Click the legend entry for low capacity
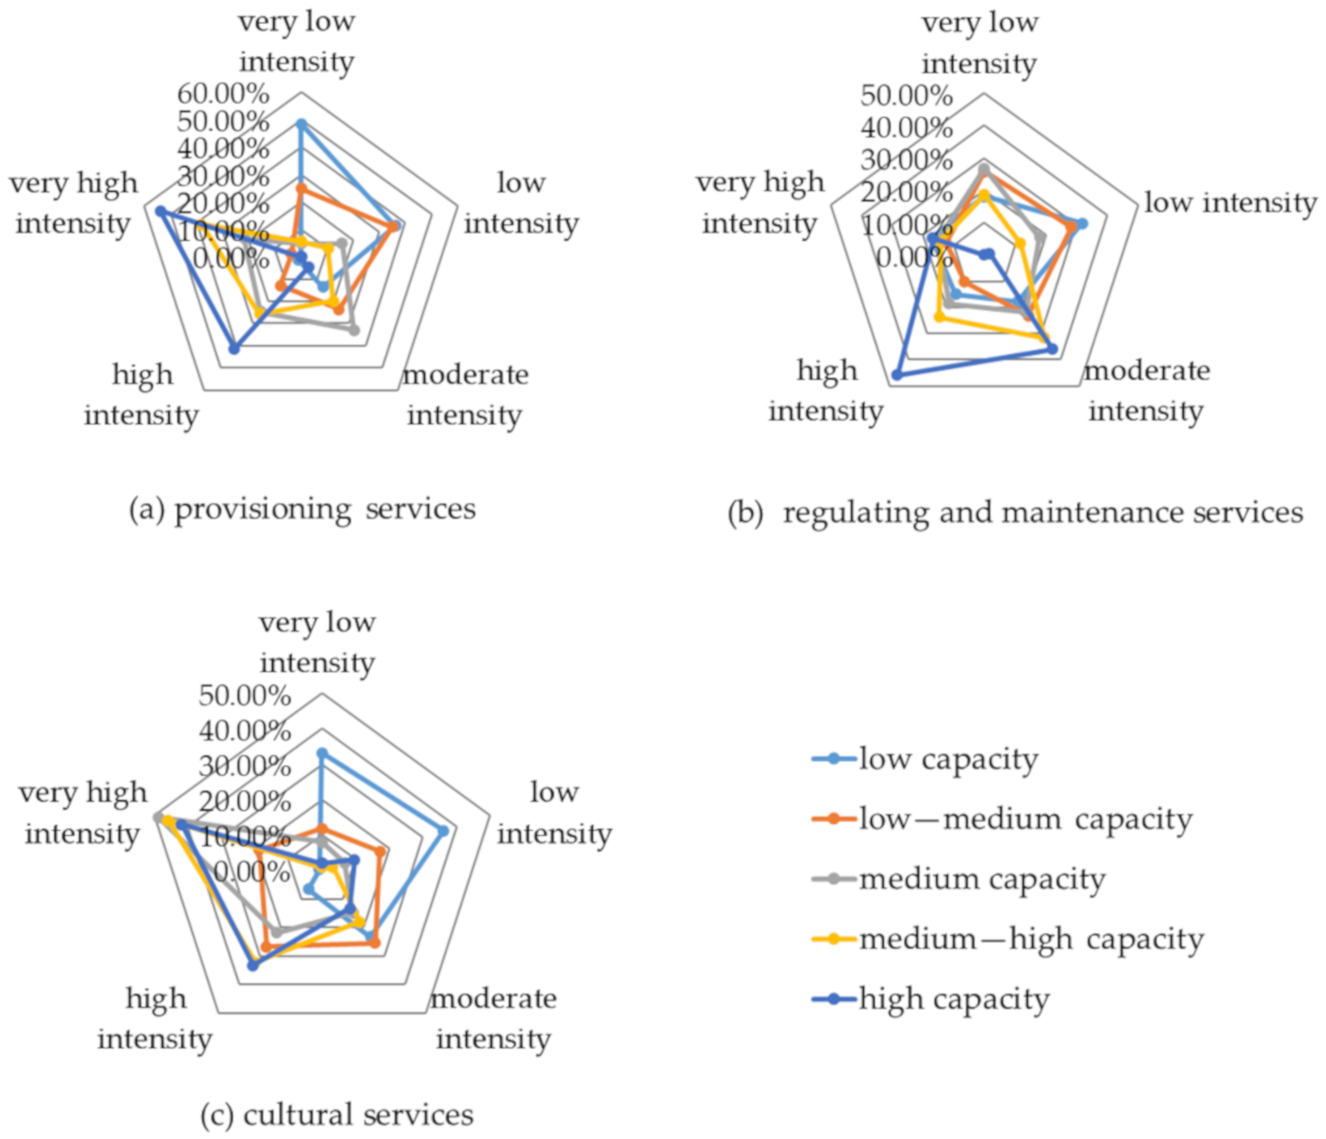pyautogui.click(x=947, y=760)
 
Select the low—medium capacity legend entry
pyautogui.click(x=1024, y=820)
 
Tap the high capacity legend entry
pyautogui.click(x=954, y=999)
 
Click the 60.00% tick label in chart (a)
pyautogui.click(x=223, y=95)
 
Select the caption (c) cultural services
pyautogui.click(x=337, y=1114)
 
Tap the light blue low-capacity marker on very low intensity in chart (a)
pyautogui.click(x=301, y=123)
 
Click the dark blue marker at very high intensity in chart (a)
pyautogui.click(x=161, y=212)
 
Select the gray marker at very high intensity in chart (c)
pyautogui.click(x=158, y=817)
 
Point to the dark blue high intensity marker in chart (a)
pyautogui.click(x=234, y=349)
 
